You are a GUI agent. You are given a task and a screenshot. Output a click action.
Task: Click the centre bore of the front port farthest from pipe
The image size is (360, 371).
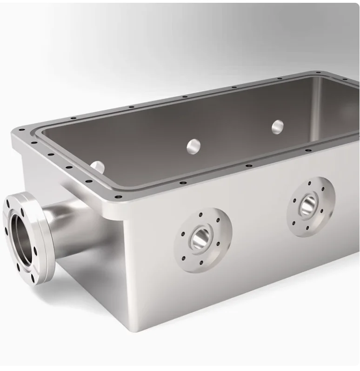(x=307, y=205)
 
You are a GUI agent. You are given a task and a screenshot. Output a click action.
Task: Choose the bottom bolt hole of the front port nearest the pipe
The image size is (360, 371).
(x=201, y=263)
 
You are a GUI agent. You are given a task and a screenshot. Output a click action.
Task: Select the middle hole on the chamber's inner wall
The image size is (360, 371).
(x=193, y=147)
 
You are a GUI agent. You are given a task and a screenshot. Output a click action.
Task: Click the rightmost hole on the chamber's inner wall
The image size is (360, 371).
(x=278, y=127)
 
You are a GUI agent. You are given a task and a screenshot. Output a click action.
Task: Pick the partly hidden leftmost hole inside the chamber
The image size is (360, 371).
(x=98, y=166)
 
